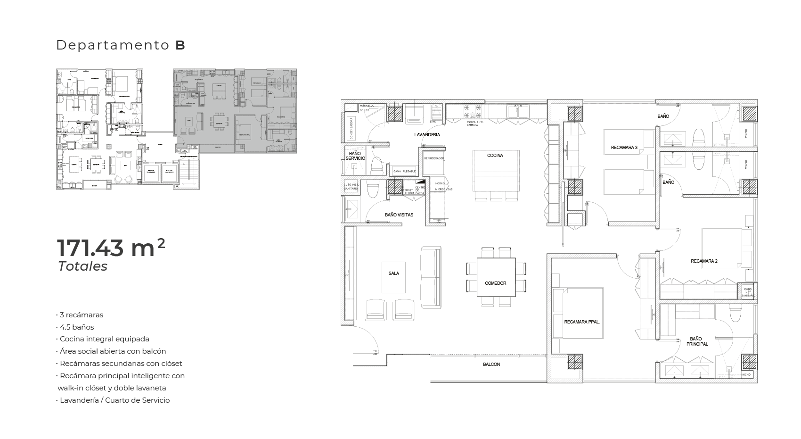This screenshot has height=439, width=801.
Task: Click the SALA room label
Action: pyautogui.click(x=394, y=273)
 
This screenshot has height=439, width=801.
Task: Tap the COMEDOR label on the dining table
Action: pyautogui.click(x=495, y=283)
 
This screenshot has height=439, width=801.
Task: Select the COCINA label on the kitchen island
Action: pyautogui.click(x=495, y=155)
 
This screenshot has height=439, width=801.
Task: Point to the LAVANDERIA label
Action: pyautogui.click(x=427, y=135)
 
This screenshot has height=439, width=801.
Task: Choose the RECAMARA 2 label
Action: pyautogui.click(x=704, y=261)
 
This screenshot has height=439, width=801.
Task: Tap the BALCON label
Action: pyautogui.click(x=491, y=364)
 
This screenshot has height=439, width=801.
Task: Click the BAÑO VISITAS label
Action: pyautogui.click(x=399, y=215)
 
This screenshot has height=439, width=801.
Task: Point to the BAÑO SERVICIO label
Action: pyautogui.click(x=355, y=156)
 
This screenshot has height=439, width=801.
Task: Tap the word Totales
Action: pyautogui.click(x=82, y=266)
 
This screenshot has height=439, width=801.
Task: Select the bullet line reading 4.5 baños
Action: pyautogui.click(x=77, y=327)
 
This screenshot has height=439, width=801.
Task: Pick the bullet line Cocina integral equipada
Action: pyautogui.click(x=104, y=339)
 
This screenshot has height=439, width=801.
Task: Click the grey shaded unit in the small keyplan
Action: pyautogui.click(x=235, y=111)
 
